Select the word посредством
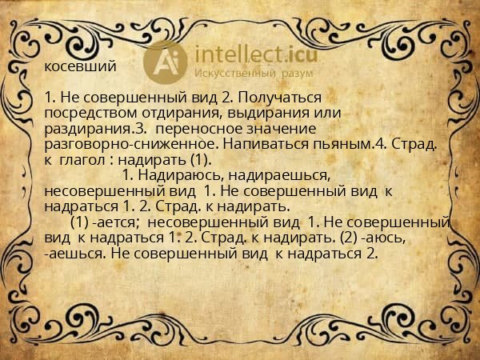pos(88,113)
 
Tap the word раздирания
pos(87,128)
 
